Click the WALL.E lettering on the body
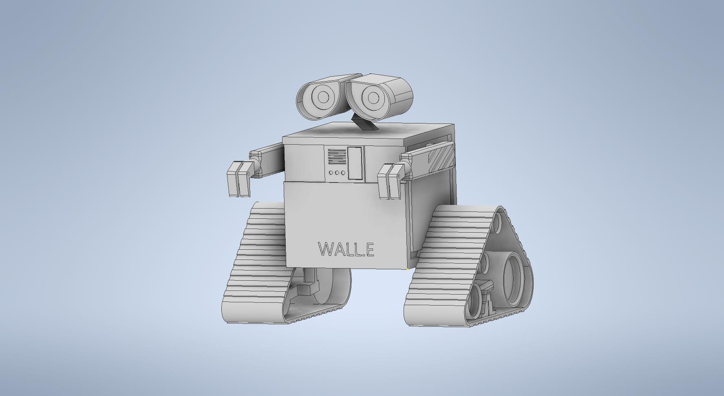[346, 249]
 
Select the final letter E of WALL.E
[369, 249]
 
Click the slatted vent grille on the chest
[336, 156]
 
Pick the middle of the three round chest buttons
[337, 173]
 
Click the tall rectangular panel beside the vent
[355, 163]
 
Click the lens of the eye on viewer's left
[323, 97]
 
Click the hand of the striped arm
[390, 181]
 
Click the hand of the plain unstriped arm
[240, 178]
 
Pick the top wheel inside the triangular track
[498, 222]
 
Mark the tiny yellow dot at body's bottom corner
[408, 269]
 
